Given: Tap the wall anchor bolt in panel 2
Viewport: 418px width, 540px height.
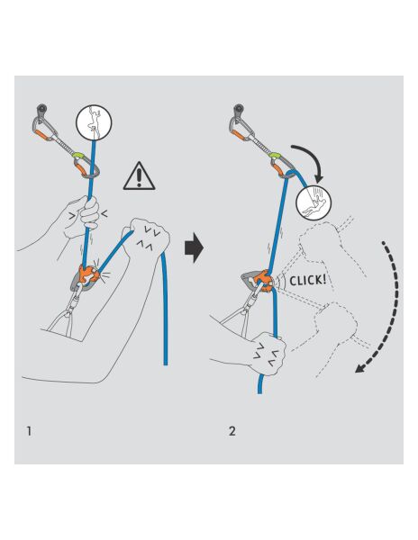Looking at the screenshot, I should click(241, 112).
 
